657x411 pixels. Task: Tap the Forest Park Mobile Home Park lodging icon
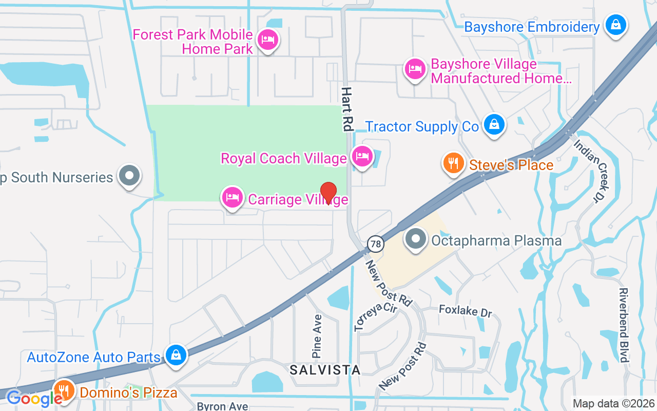click(x=267, y=40)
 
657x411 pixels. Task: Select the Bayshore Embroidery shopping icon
click(x=615, y=24)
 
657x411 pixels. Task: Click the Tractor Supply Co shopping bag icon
click(x=493, y=124)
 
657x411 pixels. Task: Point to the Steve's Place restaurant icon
click(x=453, y=163)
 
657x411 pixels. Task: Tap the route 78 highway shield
click(x=376, y=244)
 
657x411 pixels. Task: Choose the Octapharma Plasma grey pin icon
click(x=416, y=238)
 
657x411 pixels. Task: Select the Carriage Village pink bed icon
click(x=233, y=197)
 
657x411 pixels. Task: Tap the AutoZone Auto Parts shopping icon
click(x=176, y=354)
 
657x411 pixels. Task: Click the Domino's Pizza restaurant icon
click(x=64, y=390)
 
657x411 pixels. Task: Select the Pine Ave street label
click(x=317, y=336)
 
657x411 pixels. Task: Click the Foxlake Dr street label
click(x=465, y=310)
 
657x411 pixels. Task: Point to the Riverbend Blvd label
click(x=624, y=325)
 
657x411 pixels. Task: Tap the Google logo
click(x=34, y=398)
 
